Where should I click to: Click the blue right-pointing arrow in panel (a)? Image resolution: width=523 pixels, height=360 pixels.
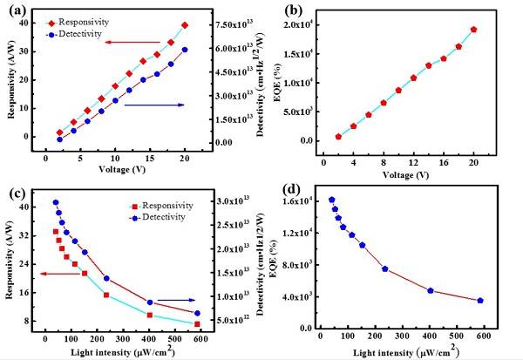click(x=154, y=105)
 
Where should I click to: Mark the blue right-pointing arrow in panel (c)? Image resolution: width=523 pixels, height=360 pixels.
click(x=176, y=301)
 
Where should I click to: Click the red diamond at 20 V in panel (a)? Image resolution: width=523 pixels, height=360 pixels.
click(x=185, y=26)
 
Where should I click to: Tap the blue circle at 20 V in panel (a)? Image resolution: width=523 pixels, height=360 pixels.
click(x=185, y=50)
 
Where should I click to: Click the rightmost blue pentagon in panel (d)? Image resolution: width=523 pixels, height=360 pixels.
click(x=480, y=301)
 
